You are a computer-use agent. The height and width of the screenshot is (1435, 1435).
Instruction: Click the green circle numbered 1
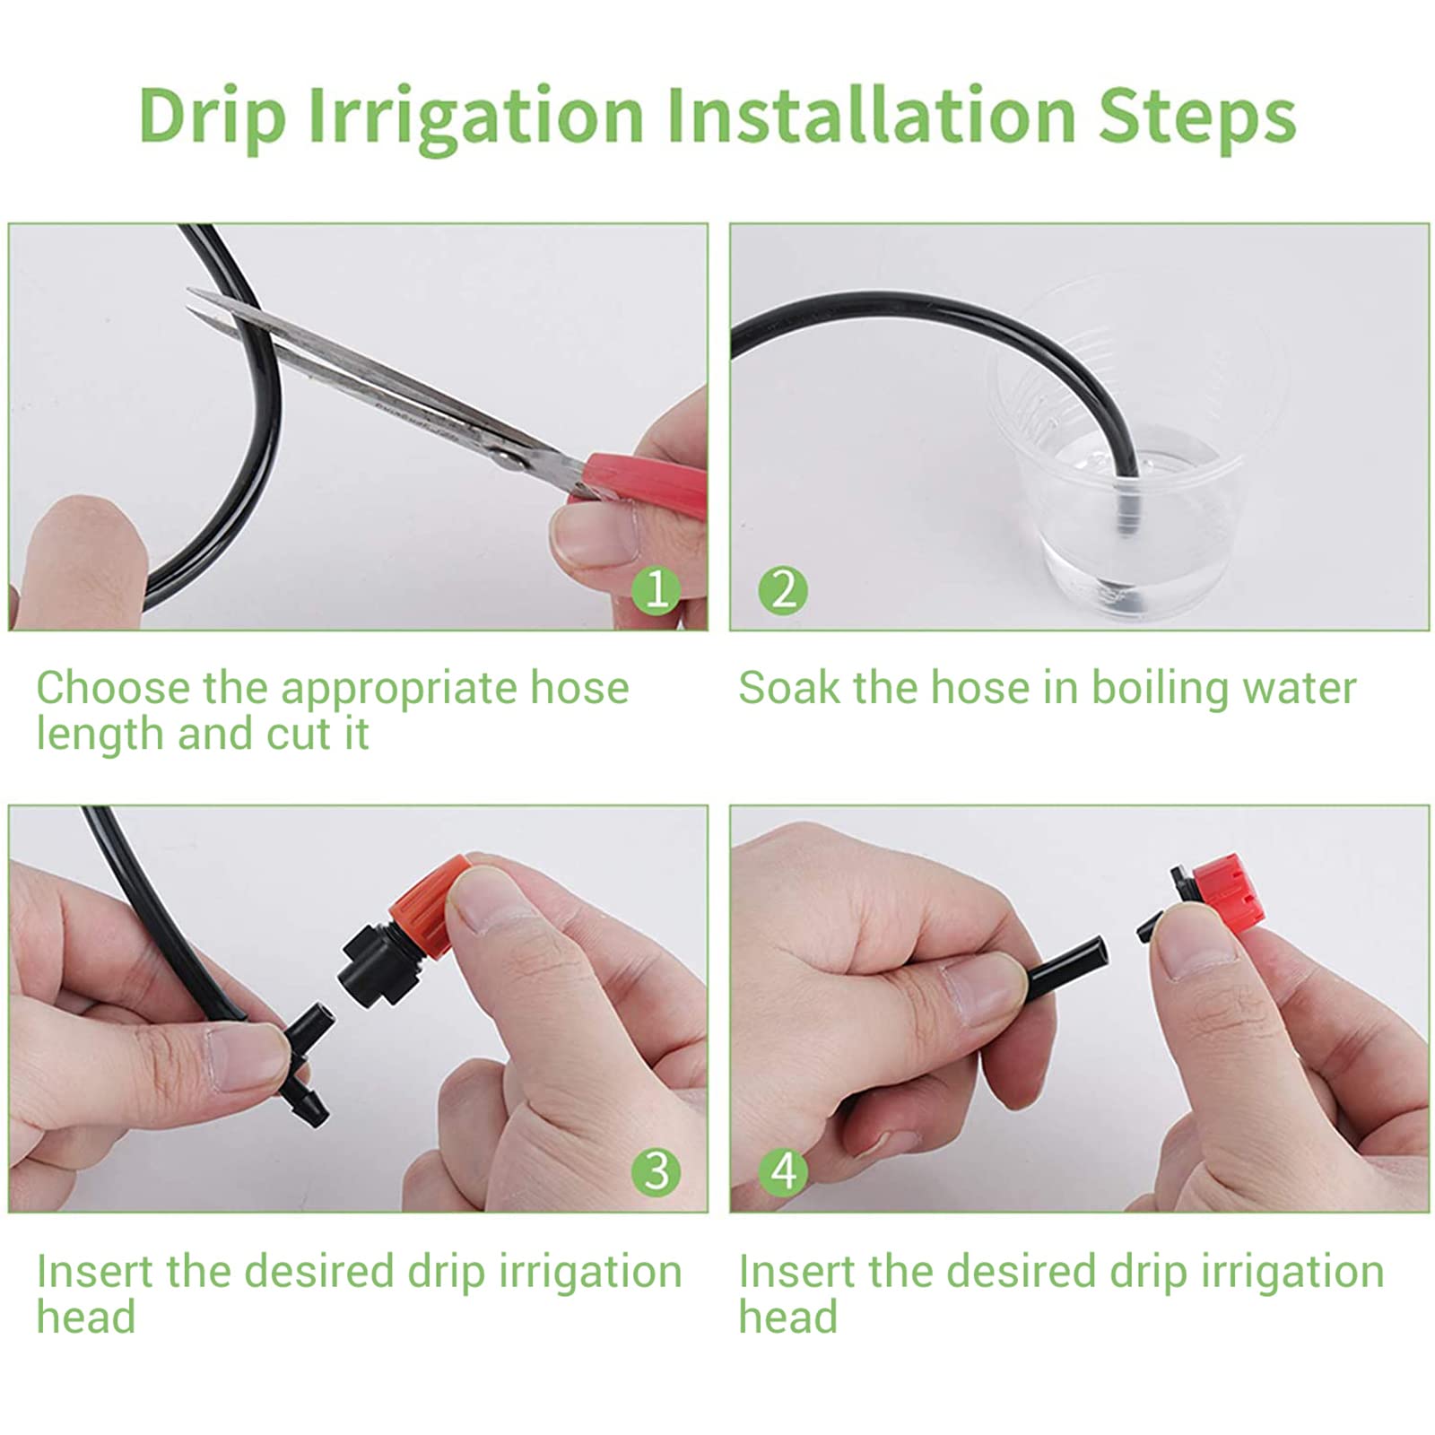click(657, 590)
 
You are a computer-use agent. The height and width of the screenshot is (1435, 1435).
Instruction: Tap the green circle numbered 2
click(783, 590)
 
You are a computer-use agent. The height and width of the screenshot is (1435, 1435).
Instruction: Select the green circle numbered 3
click(657, 1171)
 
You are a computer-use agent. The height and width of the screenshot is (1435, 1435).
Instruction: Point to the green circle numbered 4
click(783, 1171)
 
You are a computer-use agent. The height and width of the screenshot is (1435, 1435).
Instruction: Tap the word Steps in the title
click(1197, 116)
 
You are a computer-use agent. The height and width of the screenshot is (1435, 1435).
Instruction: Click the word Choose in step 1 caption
click(113, 688)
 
